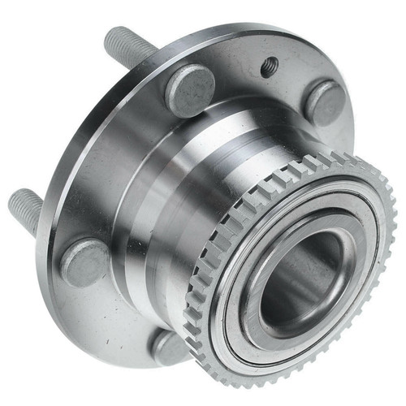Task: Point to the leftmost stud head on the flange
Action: (x=84, y=261)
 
